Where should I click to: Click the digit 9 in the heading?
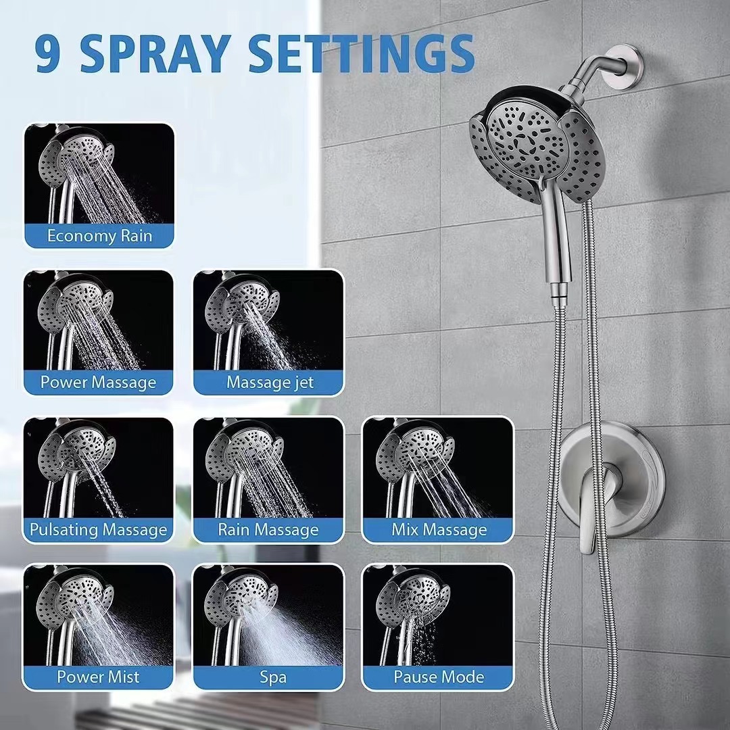[x=47, y=53]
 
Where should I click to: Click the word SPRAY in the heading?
[x=156, y=53]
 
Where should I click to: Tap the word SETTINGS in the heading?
[x=362, y=53]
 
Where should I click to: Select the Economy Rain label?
[x=99, y=236]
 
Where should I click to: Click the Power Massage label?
[x=98, y=382]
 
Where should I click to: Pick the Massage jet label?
[x=270, y=382]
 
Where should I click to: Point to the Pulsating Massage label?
[x=98, y=530]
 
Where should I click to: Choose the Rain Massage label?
[x=268, y=530]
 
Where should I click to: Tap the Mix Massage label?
[x=439, y=530]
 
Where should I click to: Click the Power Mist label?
[x=98, y=677]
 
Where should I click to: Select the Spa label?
[x=273, y=677]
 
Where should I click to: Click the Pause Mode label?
[x=439, y=677]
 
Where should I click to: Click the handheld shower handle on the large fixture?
[x=556, y=242]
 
